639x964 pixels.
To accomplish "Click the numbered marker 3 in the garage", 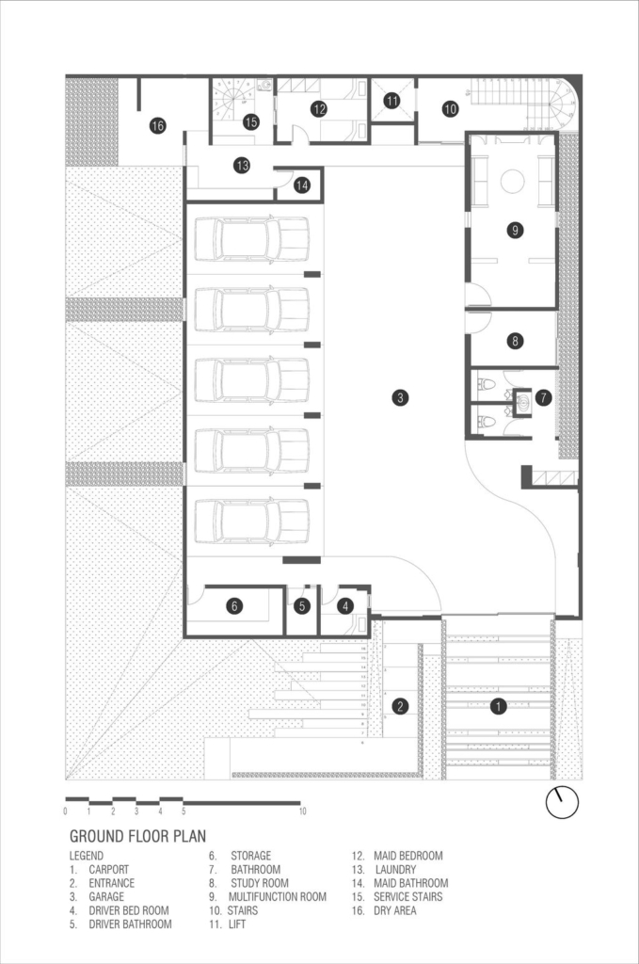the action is tap(400, 398).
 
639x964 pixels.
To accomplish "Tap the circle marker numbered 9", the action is tap(515, 231).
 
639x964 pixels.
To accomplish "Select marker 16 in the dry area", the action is tap(158, 126).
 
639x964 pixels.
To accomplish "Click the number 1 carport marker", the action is tap(498, 706).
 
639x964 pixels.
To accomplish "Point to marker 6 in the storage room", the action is tap(234, 606).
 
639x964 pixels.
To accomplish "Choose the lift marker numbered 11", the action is tap(392, 100).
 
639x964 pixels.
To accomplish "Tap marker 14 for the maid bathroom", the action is tap(302, 185).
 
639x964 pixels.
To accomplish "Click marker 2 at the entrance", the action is tap(400, 706).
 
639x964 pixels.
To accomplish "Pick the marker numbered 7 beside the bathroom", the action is tap(543, 398).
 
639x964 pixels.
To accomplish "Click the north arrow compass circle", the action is tap(562, 802).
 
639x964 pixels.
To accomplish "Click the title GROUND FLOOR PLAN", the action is tap(137, 836).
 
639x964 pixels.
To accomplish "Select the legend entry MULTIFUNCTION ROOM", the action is tap(278, 897).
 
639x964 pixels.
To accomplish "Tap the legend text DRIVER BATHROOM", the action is tap(130, 924).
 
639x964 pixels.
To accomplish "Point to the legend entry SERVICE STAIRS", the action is tap(408, 897).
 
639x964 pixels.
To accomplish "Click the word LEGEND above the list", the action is tap(86, 856).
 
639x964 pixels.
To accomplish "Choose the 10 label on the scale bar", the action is tap(302, 811).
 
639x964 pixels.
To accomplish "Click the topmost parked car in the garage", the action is tap(251, 238).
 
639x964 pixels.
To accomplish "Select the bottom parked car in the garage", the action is tap(251, 521).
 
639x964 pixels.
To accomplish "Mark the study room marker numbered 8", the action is tap(515, 340).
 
